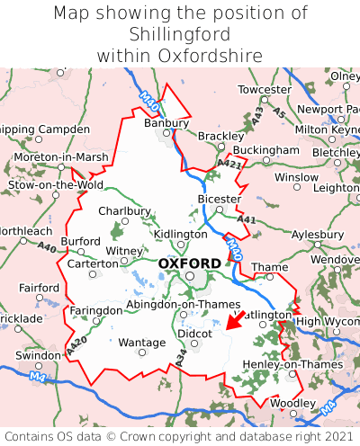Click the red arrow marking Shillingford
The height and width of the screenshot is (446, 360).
236,320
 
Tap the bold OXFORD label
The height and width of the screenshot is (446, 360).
189,263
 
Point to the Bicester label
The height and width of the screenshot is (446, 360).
219,199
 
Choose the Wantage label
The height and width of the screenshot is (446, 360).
141,343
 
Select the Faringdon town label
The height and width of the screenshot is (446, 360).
95,310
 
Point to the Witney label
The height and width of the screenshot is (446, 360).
124,251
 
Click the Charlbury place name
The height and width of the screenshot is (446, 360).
124,211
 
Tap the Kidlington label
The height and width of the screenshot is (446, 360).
180,234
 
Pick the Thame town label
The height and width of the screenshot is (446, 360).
269,267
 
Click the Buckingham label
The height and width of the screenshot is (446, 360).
265,149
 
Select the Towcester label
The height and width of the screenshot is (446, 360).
265,91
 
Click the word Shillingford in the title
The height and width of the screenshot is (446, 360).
180,34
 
